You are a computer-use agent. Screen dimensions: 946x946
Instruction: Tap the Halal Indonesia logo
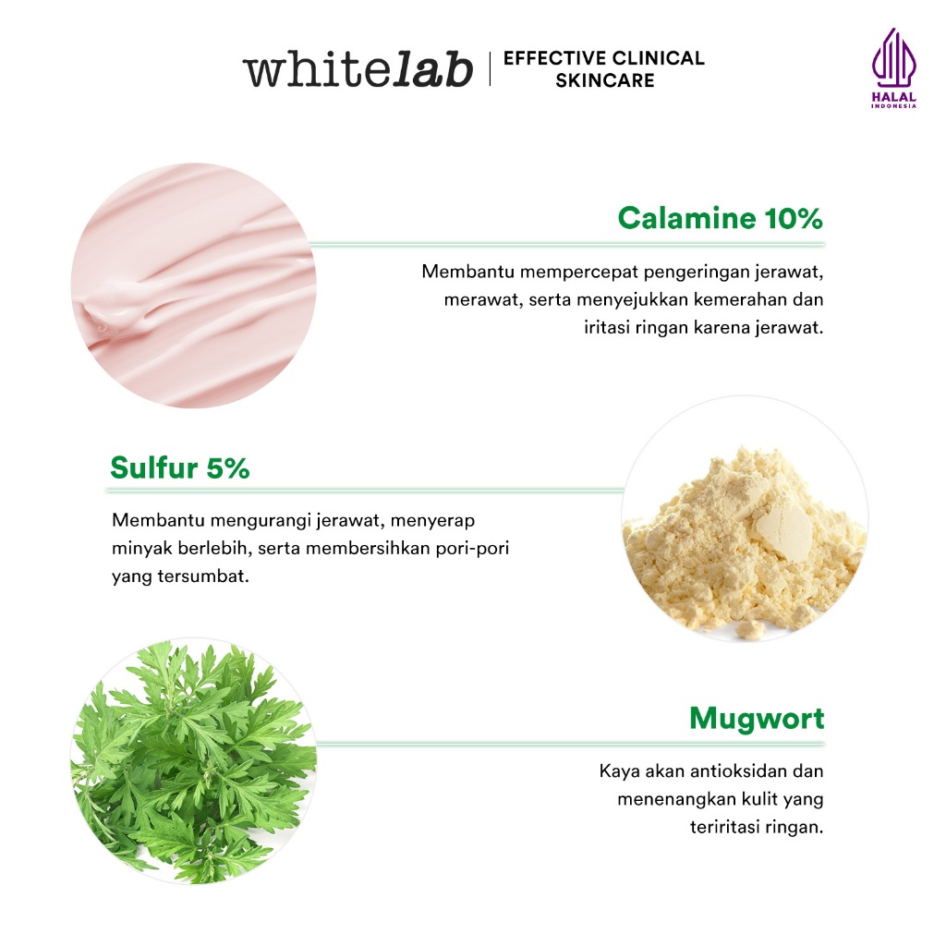tap(893, 68)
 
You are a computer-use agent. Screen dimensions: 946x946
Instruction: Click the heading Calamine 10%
tap(721, 218)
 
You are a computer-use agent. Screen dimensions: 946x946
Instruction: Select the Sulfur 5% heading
tap(180, 467)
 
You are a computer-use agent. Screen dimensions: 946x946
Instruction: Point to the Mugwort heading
tap(757, 719)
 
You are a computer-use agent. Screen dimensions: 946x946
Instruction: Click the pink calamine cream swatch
tap(194, 285)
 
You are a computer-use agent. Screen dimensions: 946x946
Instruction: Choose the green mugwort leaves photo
tap(194, 761)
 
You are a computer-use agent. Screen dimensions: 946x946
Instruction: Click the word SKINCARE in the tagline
tap(604, 80)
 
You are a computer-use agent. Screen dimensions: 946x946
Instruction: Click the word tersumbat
tap(203, 576)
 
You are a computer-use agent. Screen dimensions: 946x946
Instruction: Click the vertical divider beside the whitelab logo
tap(490, 68)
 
